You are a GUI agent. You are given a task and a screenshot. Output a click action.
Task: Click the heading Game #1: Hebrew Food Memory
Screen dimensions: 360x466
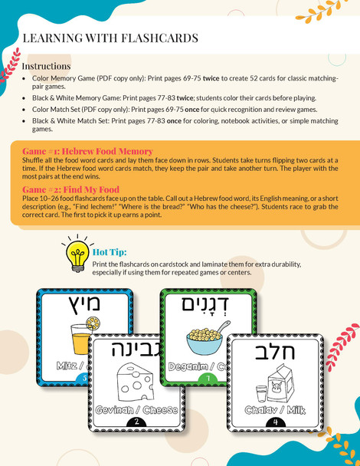[87, 151]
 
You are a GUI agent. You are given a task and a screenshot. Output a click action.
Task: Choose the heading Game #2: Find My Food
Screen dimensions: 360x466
[70, 189]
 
